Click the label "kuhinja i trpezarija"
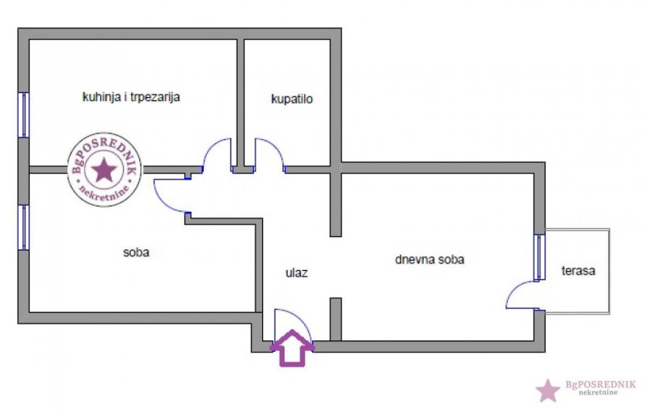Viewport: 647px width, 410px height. (131, 97)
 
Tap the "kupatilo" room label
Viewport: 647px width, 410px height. (292, 99)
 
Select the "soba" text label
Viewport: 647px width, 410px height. (136, 252)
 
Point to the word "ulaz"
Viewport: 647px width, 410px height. (296, 273)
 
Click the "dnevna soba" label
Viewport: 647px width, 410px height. (429, 260)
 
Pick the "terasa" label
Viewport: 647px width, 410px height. (578, 271)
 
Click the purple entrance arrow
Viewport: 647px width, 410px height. (292, 348)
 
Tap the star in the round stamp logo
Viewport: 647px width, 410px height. (104, 170)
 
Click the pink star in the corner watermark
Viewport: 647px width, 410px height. (548, 391)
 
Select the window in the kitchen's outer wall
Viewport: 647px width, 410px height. (23, 115)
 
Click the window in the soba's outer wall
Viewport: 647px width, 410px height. (23, 227)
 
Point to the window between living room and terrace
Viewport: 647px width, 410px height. (539, 258)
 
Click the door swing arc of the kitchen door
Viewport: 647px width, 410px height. (216, 155)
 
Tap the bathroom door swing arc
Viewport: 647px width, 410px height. (270, 155)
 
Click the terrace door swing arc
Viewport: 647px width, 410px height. (522, 294)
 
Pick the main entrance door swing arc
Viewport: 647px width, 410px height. (294, 325)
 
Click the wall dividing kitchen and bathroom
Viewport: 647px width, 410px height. (240, 104)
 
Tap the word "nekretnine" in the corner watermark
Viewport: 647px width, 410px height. (598, 392)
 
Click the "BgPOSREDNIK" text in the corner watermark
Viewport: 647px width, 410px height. (600, 384)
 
